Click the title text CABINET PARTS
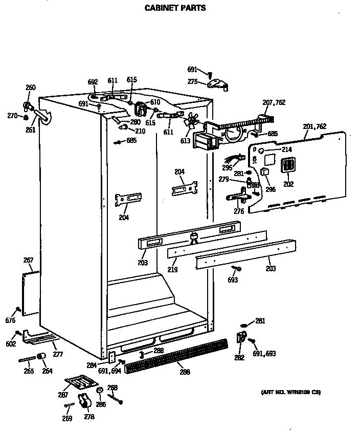point(168,8)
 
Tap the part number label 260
point(31,88)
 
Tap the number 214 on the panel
point(286,149)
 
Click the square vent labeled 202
point(288,166)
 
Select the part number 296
point(270,189)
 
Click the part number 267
point(28,261)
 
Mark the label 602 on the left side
point(11,344)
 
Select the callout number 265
point(29,371)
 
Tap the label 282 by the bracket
point(239,358)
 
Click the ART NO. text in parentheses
point(291,392)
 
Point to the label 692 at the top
point(93,81)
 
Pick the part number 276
point(238,211)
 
